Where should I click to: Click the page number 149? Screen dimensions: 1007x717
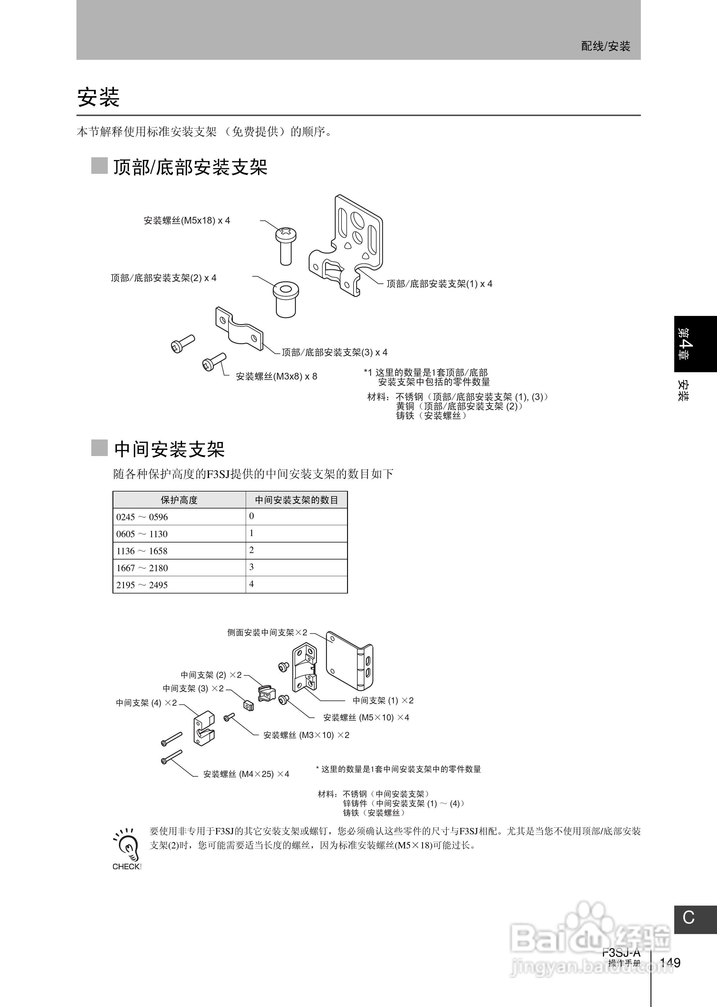(670, 962)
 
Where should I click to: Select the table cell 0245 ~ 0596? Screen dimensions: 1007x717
(142, 517)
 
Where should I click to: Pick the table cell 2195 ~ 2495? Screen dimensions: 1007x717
(142, 585)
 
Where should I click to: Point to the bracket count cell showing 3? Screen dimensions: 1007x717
(252, 567)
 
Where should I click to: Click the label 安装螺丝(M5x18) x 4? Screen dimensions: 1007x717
(187, 220)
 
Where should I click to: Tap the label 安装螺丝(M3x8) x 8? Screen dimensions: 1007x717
(276, 376)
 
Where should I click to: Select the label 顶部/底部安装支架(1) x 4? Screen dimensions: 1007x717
(439, 284)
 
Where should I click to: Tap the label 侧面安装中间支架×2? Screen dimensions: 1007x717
(267, 632)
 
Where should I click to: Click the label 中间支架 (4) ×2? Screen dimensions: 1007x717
(146, 703)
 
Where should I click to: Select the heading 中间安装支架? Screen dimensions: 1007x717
(170, 449)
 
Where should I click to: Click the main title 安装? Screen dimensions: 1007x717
(98, 97)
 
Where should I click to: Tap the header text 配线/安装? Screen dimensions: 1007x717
(605, 46)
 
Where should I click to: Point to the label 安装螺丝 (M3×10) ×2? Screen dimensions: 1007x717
(306, 735)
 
